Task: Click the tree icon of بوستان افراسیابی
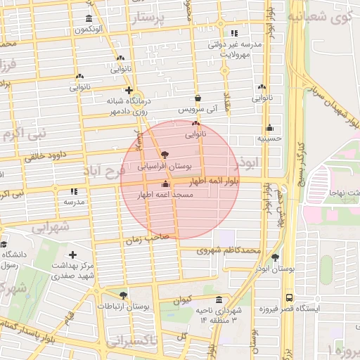[165, 155]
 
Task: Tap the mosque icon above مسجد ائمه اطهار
[165, 184]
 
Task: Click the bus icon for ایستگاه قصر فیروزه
[290, 298]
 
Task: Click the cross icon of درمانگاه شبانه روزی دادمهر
[129, 90]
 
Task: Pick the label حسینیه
[269, 139]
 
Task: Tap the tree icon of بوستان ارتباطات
[124, 296]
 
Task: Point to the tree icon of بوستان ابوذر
[275, 258]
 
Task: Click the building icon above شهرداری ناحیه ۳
[219, 299]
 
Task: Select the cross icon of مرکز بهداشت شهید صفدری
[72, 255]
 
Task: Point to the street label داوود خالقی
[45, 157]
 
